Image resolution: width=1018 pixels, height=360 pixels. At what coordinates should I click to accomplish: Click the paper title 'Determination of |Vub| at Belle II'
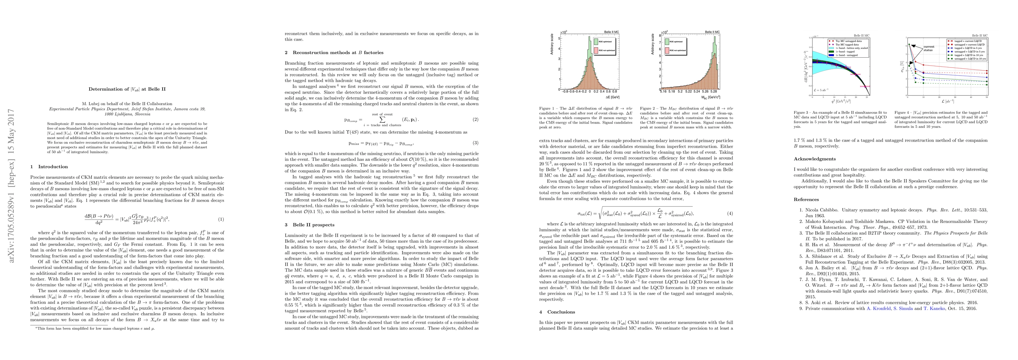[127, 89]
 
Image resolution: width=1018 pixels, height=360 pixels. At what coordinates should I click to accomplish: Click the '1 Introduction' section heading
[50, 167]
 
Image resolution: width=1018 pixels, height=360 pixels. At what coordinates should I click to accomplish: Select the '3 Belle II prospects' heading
[314, 225]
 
